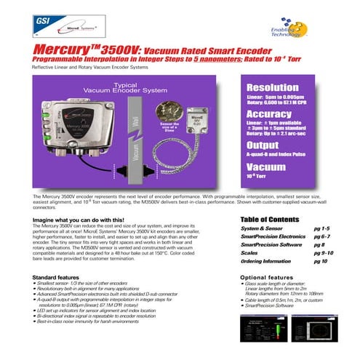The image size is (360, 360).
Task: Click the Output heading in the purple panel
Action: coord(263,145)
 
